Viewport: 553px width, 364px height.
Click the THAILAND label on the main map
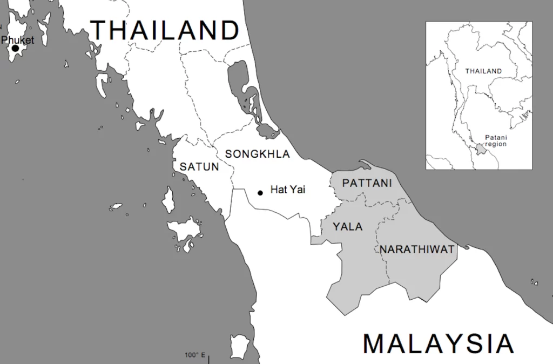coord(165,30)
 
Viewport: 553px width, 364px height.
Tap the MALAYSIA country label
coord(438,344)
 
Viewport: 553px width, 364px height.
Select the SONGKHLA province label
coord(257,154)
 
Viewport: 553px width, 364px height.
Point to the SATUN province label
coord(199,167)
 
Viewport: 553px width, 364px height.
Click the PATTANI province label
coord(367,183)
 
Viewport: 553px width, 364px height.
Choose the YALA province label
coord(347,227)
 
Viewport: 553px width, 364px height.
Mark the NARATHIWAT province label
coord(417,249)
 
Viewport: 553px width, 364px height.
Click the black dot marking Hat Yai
coord(260,192)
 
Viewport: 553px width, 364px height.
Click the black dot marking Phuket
coord(15,49)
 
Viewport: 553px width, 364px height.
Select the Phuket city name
coord(18,40)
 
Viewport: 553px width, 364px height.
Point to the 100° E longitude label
coord(195,355)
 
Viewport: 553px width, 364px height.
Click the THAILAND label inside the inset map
coord(483,71)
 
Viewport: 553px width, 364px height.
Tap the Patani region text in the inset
coord(496,140)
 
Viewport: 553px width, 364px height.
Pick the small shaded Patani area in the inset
coord(479,149)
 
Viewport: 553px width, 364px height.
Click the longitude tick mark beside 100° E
coord(208,358)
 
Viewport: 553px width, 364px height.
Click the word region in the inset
coord(496,144)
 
